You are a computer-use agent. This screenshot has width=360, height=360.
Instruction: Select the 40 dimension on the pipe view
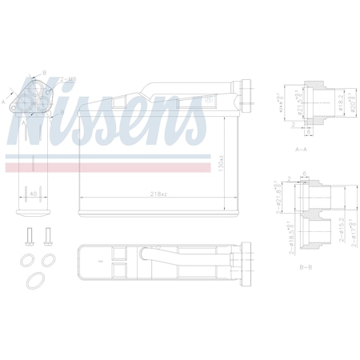pyautogui.click(x=32, y=194)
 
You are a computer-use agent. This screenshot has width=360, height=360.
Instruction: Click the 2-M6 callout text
pyautogui.click(x=68, y=79)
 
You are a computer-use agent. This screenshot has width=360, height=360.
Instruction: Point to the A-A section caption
pyautogui.click(x=302, y=149)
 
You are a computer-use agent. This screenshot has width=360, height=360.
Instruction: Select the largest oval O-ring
pyautogui.click(x=37, y=280)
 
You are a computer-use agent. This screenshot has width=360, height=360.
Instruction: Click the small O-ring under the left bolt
pyautogui.click(x=29, y=259)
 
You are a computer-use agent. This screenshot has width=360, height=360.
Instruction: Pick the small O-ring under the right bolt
pyautogui.click(x=48, y=259)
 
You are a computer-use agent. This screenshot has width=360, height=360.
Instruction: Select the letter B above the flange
pyautogui.click(x=44, y=71)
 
